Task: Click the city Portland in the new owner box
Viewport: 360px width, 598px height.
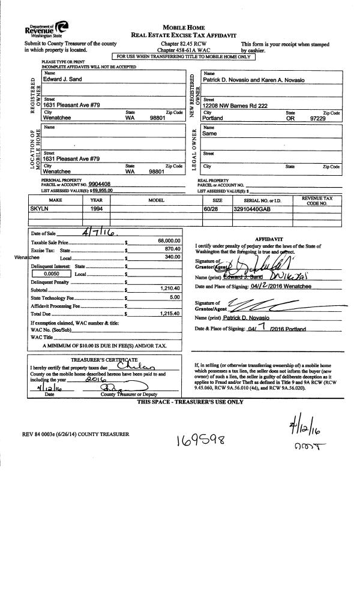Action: [213, 118]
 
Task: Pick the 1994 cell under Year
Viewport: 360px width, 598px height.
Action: [97, 208]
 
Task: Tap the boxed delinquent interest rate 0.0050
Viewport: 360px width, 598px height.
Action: [46, 273]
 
